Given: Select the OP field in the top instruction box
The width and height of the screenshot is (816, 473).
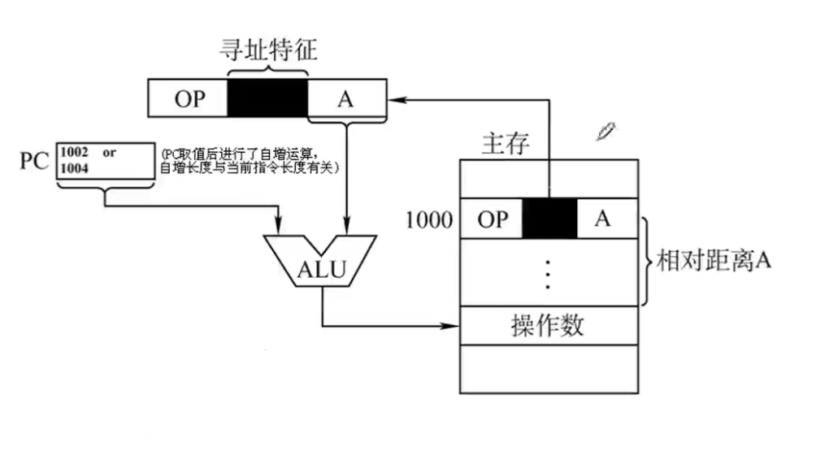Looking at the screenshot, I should (x=189, y=99).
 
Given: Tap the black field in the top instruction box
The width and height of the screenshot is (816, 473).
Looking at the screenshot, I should (x=267, y=98).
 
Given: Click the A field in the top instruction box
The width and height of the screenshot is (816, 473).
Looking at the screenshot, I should (x=346, y=99).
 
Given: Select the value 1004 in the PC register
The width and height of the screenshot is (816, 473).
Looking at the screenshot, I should (x=75, y=168).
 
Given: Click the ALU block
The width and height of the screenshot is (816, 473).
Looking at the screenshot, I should (x=319, y=263).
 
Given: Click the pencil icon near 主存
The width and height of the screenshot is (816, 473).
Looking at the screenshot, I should (x=605, y=131).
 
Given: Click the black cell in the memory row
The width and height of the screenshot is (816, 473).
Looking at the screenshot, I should (x=549, y=219).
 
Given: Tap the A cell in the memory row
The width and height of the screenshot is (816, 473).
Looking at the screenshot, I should (x=602, y=219).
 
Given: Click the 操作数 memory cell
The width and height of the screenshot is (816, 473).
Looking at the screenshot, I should (x=548, y=327).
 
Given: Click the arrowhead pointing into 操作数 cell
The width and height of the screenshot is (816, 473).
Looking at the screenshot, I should (x=455, y=327).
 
